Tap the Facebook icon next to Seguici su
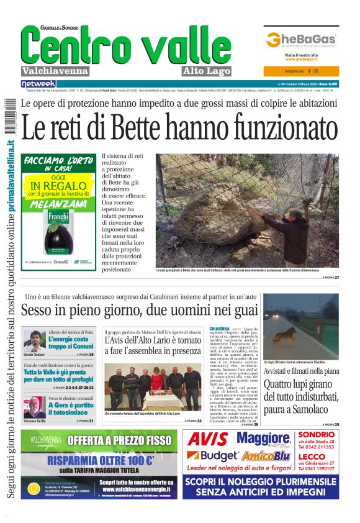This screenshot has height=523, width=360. (x=308, y=71)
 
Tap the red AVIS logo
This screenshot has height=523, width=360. (x=208, y=440)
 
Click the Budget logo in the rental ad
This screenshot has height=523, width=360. (x=209, y=456)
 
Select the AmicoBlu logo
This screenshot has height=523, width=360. (x=265, y=456)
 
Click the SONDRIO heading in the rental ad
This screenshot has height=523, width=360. (x=317, y=434)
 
